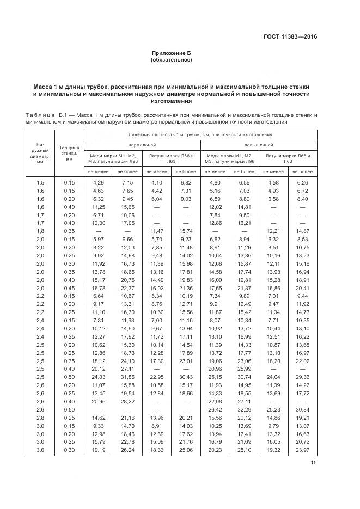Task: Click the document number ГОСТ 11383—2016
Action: [291, 37]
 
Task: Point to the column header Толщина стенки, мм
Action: [69, 153]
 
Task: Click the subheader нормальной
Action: [142, 145]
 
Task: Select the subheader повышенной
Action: [259, 145]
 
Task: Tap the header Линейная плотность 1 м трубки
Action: [200, 134]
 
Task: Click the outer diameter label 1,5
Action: [40, 182]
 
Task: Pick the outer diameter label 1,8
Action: [40, 231]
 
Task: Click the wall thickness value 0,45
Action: [69, 288]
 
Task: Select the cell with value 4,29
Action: [99, 182]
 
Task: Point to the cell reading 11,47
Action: [156, 231]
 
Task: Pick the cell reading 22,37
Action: [127, 288]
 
